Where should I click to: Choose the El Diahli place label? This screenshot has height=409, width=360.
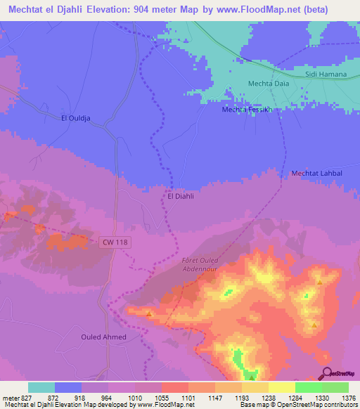click(181, 196)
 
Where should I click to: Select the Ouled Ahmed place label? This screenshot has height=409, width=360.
click(103, 337)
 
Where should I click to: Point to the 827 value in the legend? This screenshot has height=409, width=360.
click(26, 398)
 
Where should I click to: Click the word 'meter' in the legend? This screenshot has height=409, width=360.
click(10, 398)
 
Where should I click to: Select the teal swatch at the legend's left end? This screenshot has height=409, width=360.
click(41, 387)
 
